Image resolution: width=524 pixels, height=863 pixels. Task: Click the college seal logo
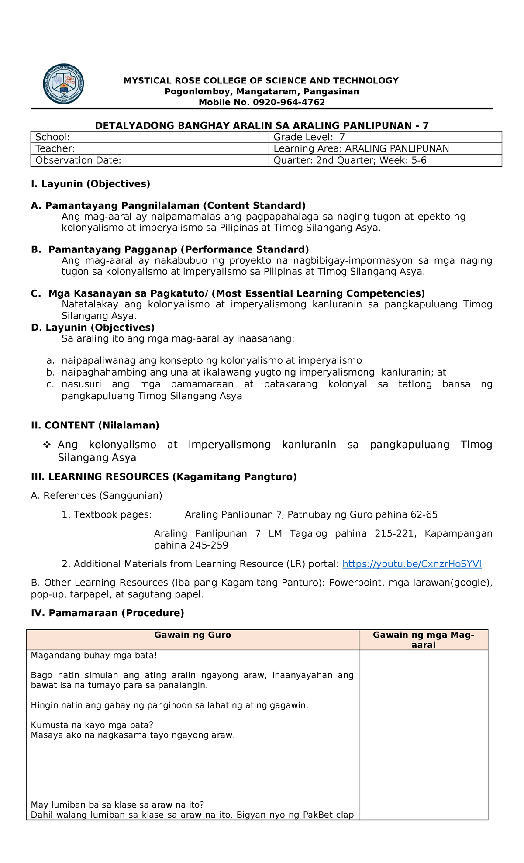tap(63, 84)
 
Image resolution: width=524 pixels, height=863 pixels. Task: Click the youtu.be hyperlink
tap(412, 564)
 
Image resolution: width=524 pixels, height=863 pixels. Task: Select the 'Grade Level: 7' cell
tap(385, 137)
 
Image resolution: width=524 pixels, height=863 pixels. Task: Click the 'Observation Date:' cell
tap(149, 161)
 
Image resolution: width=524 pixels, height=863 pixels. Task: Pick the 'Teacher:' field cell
tap(149, 149)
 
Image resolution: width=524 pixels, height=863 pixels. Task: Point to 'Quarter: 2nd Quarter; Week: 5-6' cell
tap(385, 161)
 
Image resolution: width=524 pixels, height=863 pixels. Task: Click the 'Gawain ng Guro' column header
tap(193, 635)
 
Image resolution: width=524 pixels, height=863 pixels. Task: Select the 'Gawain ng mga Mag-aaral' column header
tap(423, 640)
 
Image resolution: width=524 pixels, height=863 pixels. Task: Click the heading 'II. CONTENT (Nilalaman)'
tap(95, 425)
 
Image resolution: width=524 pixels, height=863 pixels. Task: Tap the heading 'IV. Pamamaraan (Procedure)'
tap(107, 613)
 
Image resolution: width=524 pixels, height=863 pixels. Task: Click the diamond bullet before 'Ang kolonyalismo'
tap(47, 445)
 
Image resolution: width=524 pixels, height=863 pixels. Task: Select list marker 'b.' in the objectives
tap(51, 373)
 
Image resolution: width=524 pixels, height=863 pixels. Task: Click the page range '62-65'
tap(424, 515)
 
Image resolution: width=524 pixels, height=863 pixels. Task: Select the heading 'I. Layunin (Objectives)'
tap(90, 184)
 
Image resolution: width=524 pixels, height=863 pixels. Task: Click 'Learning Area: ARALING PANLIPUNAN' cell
tap(385, 149)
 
